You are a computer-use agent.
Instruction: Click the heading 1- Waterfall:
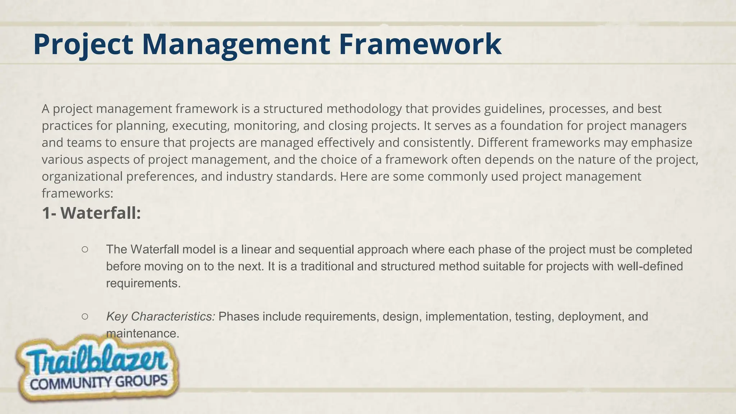point(91,213)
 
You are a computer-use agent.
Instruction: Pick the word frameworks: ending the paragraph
point(77,194)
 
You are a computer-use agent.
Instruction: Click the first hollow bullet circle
point(85,249)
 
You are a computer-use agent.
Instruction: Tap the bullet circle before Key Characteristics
point(85,316)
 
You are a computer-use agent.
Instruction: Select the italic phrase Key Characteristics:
point(160,317)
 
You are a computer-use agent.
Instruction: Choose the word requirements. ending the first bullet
point(143,284)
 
